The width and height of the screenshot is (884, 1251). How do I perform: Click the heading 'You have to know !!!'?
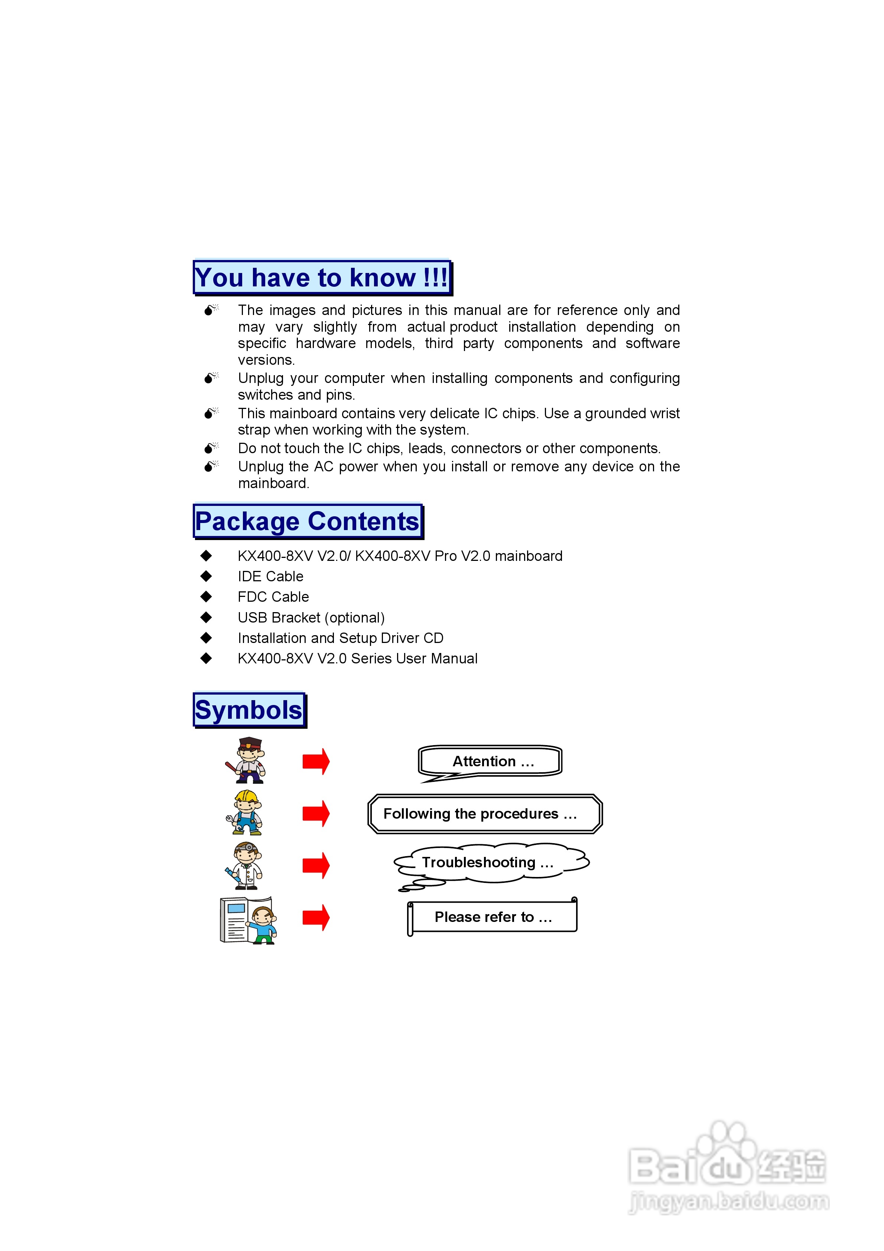pos(322,277)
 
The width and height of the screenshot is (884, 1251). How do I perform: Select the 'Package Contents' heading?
pos(308,521)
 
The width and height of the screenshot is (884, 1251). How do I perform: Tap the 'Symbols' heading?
pos(248,710)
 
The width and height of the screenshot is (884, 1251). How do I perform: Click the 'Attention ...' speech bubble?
pos(491,761)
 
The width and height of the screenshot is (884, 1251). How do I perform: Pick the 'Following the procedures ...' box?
pos(484,814)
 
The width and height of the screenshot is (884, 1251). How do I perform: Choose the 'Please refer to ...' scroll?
pos(493,917)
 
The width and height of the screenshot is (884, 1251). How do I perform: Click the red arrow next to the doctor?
pos(316,865)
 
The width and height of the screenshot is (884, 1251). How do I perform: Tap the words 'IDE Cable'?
pos(270,576)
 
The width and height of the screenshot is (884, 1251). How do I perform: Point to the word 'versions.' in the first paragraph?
pos(266,360)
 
